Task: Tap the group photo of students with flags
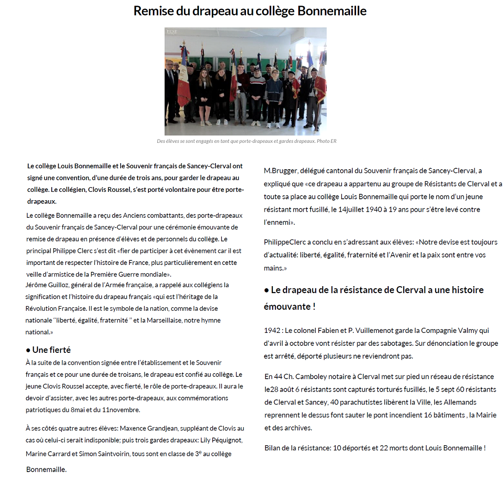[x=246, y=81]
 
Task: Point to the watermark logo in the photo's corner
[x=172, y=31]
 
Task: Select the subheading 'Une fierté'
[x=51, y=350]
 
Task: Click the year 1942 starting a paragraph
[x=273, y=331]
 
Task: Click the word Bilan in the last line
[x=273, y=448]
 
